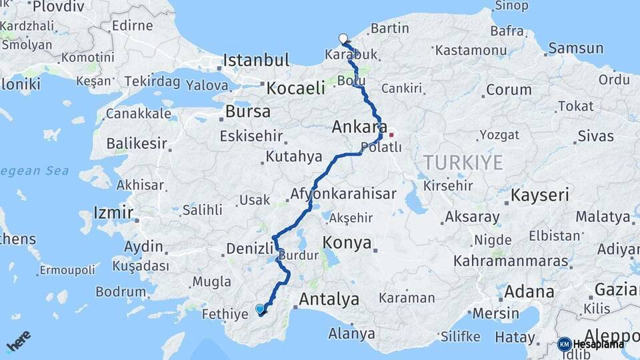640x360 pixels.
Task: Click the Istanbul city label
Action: [256, 61]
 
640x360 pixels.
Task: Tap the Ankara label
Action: [360, 127]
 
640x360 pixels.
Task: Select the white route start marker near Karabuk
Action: [343, 39]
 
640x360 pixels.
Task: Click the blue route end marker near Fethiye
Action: [260, 309]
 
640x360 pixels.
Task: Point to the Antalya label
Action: [329, 299]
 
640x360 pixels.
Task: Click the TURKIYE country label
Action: [461, 162]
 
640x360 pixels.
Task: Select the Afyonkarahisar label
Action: [343, 195]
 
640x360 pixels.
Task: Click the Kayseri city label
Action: [540, 195]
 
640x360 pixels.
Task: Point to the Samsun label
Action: [575, 48]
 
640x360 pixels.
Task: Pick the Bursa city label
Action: [248, 111]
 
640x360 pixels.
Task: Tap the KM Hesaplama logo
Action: [591, 344]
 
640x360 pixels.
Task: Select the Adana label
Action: [529, 291]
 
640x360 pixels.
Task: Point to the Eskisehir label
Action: [251, 136]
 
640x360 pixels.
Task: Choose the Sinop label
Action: [511, 6]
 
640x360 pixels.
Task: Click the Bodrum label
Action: [121, 291]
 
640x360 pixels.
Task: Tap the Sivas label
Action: [595, 136]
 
